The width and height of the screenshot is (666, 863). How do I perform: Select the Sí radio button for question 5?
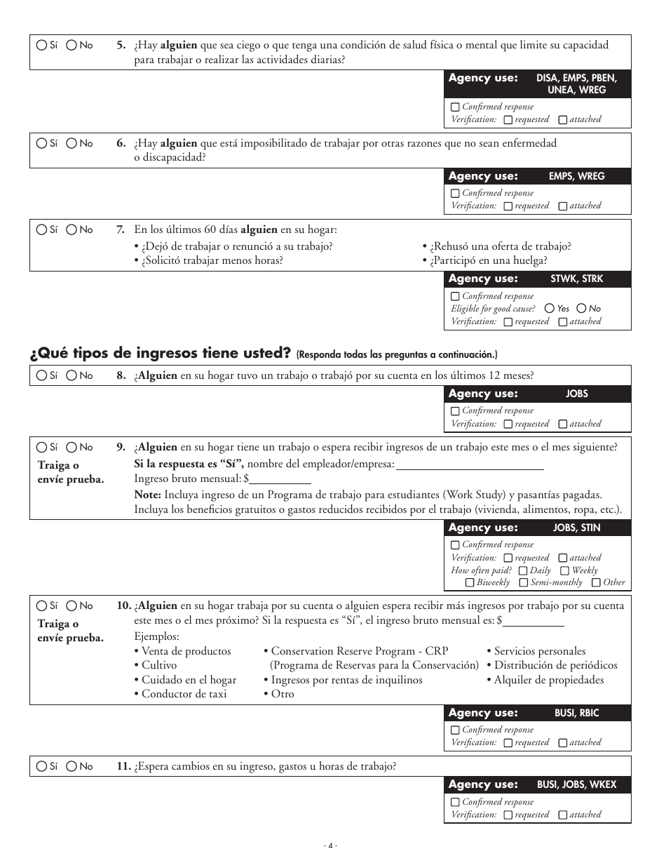pyautogui.click(x=41, y=45)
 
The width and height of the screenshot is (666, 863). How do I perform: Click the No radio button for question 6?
pyautogui.click(x=72, y=143)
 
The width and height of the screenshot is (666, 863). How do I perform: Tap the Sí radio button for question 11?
pyautogui.click(x=41, y=767)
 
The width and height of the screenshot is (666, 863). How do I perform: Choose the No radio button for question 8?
pyautogui.click(x=72, y=376)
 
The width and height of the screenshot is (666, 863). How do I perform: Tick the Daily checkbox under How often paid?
pyautogui.click(x=523, y=571)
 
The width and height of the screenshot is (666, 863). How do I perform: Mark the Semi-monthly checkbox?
pyautogui.click(x=524, y=583)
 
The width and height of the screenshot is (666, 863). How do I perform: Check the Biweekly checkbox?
pyautogui.click(x=470, y=583)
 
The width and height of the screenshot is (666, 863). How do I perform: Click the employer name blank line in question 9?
pyautogui.click(x=470, y=464)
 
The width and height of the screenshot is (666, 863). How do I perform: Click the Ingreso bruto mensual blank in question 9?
pyautogui.click(x=280, y=479)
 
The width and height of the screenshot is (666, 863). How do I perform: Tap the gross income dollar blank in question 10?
pyautogui.click(x=534, y=621)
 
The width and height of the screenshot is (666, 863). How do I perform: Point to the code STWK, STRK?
pyautogui.click(x=576, y=279)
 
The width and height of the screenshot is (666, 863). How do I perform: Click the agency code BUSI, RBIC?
pyautogui.click(x=576, y=713)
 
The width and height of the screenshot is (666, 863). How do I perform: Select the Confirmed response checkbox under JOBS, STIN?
pyautogui.click(x=456, y=545)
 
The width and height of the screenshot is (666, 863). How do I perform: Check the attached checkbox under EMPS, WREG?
pyautogui.click(x=562, y=206)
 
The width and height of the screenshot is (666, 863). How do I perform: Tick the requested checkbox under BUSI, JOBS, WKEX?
pyautogui.click(x=508, y=815)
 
